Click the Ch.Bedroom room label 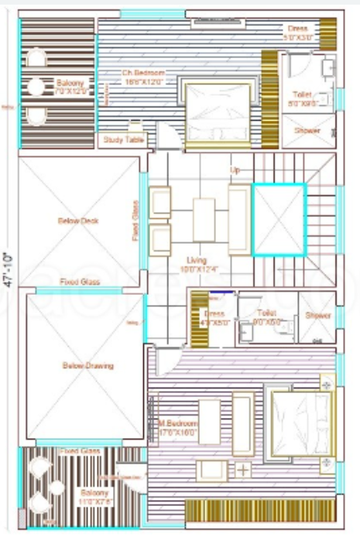pos(144,77)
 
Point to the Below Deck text pos(78,221)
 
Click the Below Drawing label pos(87,365)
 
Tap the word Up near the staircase pos(236,168)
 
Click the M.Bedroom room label pos(177,429)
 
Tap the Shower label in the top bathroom pos(307,131)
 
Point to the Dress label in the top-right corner pos(297,32)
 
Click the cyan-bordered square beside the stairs pos(280,219)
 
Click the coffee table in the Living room pos(204,220)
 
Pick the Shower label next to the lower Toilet pos(317,315)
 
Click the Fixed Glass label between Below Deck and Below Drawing pos(80,282)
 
